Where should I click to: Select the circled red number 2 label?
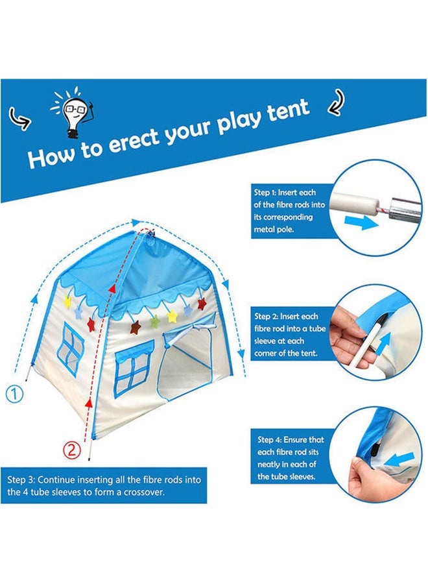71,449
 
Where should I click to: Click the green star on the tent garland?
154,321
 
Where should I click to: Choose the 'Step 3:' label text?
21,480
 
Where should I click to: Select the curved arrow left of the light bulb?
19,118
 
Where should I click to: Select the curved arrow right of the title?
336,101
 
